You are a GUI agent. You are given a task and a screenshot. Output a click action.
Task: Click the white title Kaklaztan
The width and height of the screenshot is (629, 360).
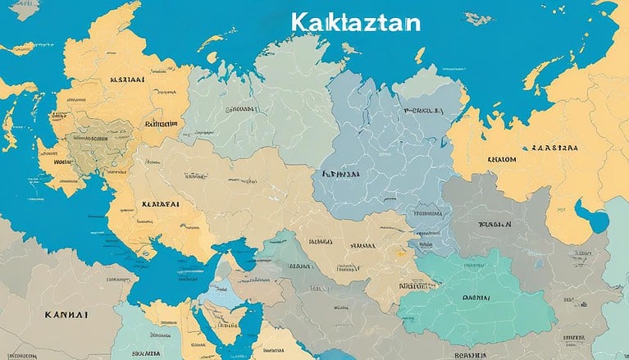[354, 22]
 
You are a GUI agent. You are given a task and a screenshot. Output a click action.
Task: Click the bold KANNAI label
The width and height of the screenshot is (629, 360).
[66, 312]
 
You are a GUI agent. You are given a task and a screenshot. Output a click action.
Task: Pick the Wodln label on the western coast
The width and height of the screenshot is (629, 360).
[63, 162]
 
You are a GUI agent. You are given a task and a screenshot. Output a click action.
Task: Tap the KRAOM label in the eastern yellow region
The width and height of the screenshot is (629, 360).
[501, 160]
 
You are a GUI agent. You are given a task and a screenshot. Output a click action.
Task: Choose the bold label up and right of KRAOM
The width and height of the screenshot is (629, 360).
[554, 148]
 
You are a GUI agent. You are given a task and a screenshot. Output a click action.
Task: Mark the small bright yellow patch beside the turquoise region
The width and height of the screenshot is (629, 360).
[400, 275]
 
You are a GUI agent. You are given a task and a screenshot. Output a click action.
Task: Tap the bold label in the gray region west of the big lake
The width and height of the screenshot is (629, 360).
[495, 223]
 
